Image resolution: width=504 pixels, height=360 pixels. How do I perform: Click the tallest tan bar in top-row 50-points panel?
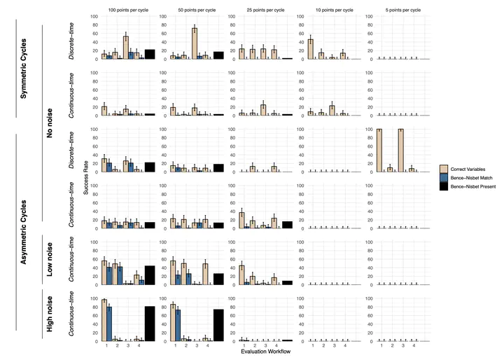point(194,43)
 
